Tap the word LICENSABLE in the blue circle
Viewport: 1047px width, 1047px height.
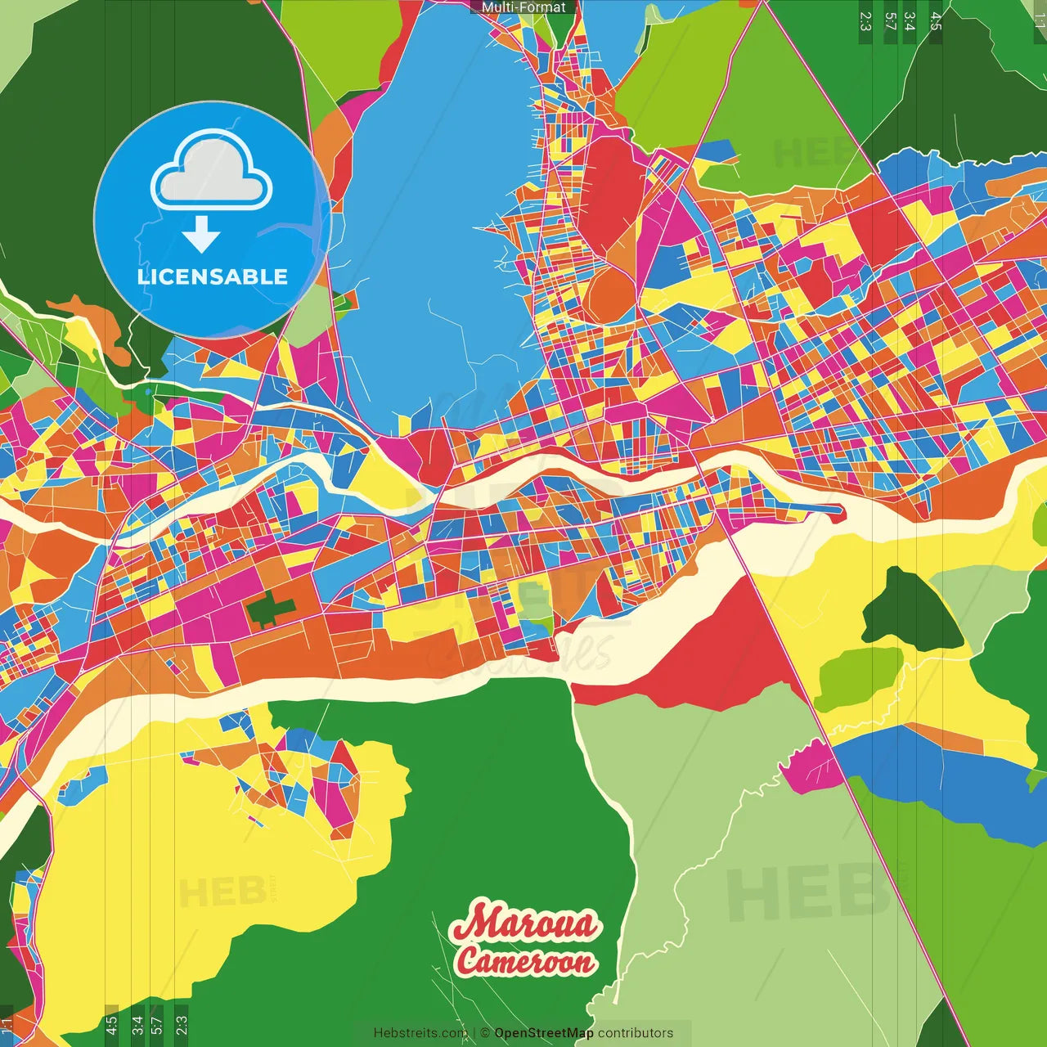tap(213, 276)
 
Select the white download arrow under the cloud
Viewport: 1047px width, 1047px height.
tap(201, 234)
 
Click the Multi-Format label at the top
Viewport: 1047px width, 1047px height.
tap(523, 7)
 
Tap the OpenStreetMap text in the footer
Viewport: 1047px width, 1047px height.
tap(543, 1033)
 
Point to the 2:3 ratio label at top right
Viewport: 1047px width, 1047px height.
tap(865, 21)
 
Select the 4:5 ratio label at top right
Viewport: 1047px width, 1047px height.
tap(936, 21)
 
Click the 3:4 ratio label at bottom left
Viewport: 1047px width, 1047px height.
tap(137, 1022)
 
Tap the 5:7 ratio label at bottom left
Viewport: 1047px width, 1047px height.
tap(157, 1022)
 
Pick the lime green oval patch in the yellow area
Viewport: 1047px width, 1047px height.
tap(857, 677)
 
